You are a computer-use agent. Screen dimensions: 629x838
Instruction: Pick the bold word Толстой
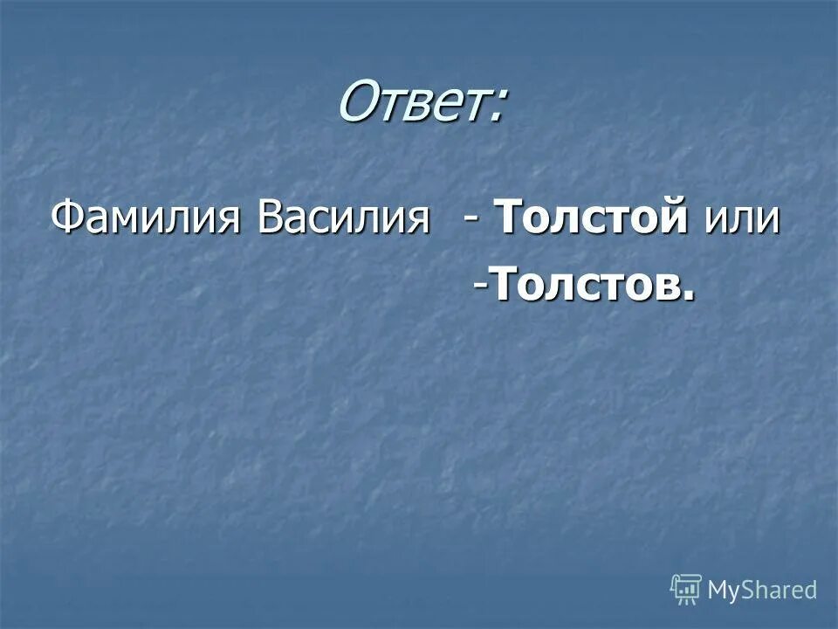pyautogui.click(x=590, y=218)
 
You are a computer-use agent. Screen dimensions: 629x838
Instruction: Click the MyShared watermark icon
pyautogui.click(x=686, y=590)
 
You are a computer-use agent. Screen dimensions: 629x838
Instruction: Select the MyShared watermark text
pyautogui.click(x=762, y=591)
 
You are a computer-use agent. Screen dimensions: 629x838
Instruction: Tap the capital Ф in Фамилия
pyautogui.click(x=65, y=218)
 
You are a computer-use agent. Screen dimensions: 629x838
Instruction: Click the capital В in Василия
pyautogui.click(x=268, y=218)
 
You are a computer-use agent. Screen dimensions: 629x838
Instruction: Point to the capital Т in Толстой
pyautogui.click(x=509, y=218)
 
